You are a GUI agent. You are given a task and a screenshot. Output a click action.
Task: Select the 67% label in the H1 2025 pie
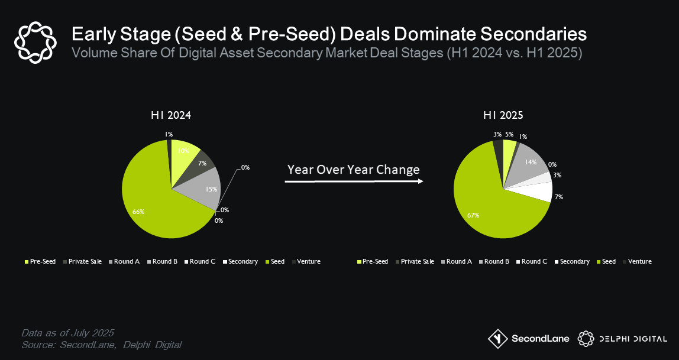point(473,216)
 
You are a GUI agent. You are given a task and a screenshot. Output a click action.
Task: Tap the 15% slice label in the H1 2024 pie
point(212,189)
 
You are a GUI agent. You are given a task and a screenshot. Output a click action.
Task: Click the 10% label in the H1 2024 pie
point(184,151)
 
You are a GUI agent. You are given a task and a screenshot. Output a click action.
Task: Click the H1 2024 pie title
point(170,116)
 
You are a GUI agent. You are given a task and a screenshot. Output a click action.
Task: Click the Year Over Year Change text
point(353,170)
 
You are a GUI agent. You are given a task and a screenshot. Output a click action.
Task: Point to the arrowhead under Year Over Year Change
point(421,181)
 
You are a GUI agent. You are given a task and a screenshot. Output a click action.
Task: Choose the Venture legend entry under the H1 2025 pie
point(639,261)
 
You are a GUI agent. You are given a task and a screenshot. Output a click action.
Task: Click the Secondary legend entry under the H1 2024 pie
point(243,261)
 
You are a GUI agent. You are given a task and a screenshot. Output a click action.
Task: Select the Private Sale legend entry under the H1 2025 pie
point(417,261)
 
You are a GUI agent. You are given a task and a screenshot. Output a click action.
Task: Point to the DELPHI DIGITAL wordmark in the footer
point(633,339)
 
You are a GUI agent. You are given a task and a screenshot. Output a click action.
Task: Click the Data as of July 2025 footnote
point(67,332)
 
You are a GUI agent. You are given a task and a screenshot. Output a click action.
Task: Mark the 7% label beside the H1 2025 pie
point(559,197)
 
